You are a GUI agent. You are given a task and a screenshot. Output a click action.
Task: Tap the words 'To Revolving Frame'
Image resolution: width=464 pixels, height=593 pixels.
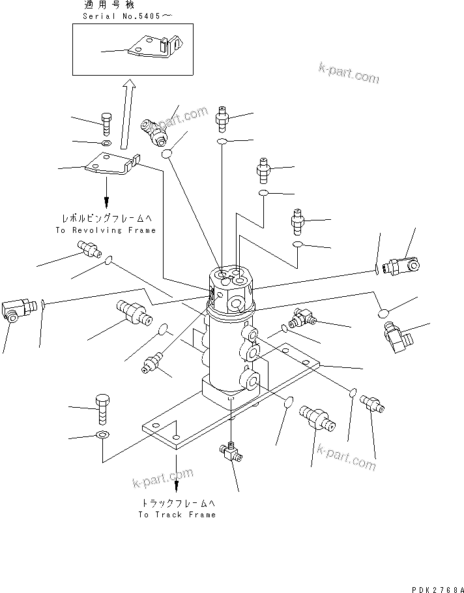[106, 230]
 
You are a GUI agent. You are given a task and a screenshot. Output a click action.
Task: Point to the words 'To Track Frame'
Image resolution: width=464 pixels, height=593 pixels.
[177, 515]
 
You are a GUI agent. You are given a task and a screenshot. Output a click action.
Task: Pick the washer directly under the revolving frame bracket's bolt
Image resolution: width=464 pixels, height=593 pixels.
[107, 143]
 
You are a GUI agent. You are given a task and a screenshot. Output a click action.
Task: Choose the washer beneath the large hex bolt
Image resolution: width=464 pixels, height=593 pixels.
[103, 435]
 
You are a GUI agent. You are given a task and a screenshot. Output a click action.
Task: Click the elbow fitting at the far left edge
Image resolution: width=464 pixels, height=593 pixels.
[16, 307]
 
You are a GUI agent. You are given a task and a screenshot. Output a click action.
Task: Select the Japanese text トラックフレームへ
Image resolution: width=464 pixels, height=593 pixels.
[176, 504]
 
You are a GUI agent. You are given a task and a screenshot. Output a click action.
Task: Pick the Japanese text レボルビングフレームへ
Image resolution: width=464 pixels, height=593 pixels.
[106, 220]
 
